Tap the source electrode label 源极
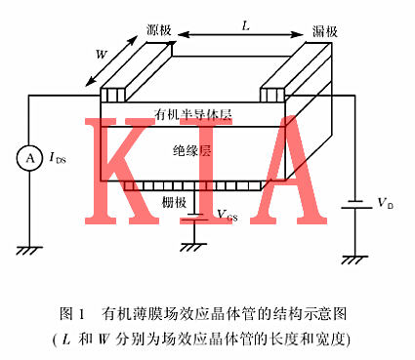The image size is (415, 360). [x=159, y=31]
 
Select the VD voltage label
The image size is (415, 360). [x=384, y=204]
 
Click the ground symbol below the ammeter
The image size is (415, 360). [x=28, y=248]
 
